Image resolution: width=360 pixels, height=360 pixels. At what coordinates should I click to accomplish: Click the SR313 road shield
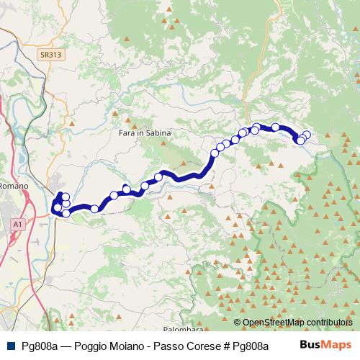point(50,55)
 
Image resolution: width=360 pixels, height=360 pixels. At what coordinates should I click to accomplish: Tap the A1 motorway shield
point(17,225)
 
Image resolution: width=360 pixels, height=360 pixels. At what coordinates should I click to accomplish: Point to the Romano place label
point(14,186)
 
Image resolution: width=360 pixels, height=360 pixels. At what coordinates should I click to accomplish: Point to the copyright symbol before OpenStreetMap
point(238,323)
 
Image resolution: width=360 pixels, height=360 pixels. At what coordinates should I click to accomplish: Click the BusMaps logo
point(325,345)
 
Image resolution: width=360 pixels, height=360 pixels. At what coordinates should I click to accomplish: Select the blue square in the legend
point(9,346)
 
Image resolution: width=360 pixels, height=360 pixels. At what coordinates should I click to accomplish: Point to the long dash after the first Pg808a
point(62,346)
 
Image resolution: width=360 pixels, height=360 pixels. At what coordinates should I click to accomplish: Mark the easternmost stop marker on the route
point(307,135)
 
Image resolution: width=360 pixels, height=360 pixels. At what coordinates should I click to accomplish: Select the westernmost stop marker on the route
point(57,208)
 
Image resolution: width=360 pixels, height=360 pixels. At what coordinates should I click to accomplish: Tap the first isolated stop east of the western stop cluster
point(94,209)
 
